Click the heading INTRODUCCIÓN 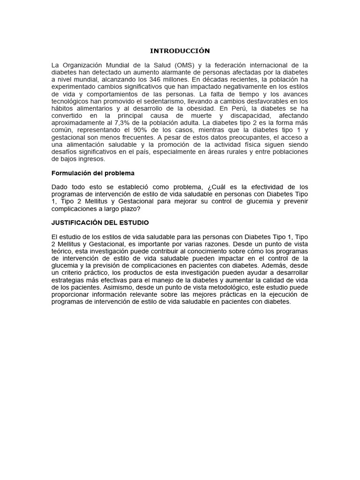coord(180,51)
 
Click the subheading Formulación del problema coord(93,173)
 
